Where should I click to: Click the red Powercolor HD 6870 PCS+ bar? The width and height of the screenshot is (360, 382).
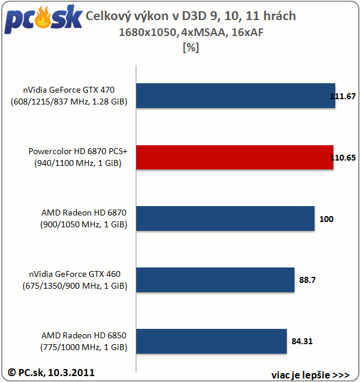(235, 157)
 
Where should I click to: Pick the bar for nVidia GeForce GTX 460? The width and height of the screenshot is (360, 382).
(215, 280)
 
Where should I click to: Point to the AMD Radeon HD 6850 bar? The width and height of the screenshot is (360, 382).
(212, 341)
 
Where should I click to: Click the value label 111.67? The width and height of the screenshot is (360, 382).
(345, 96)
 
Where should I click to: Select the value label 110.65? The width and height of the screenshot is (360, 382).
(345, 158)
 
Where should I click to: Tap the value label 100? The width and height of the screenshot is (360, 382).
(326, 219)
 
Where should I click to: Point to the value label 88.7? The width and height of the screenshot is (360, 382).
(307, 280)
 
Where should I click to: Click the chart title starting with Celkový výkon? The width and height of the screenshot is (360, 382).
(191, 16)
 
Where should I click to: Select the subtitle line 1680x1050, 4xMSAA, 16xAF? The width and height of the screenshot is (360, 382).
(191, 32)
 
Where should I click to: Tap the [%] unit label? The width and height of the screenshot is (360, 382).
(191, 48)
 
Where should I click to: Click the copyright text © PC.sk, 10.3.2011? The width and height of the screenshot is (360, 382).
(51, 372)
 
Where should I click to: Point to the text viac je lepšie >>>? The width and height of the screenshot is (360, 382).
(310, 374)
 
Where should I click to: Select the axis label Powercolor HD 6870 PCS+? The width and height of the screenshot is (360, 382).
(74, 152)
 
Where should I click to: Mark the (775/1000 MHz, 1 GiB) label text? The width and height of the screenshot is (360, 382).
(84, 347)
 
